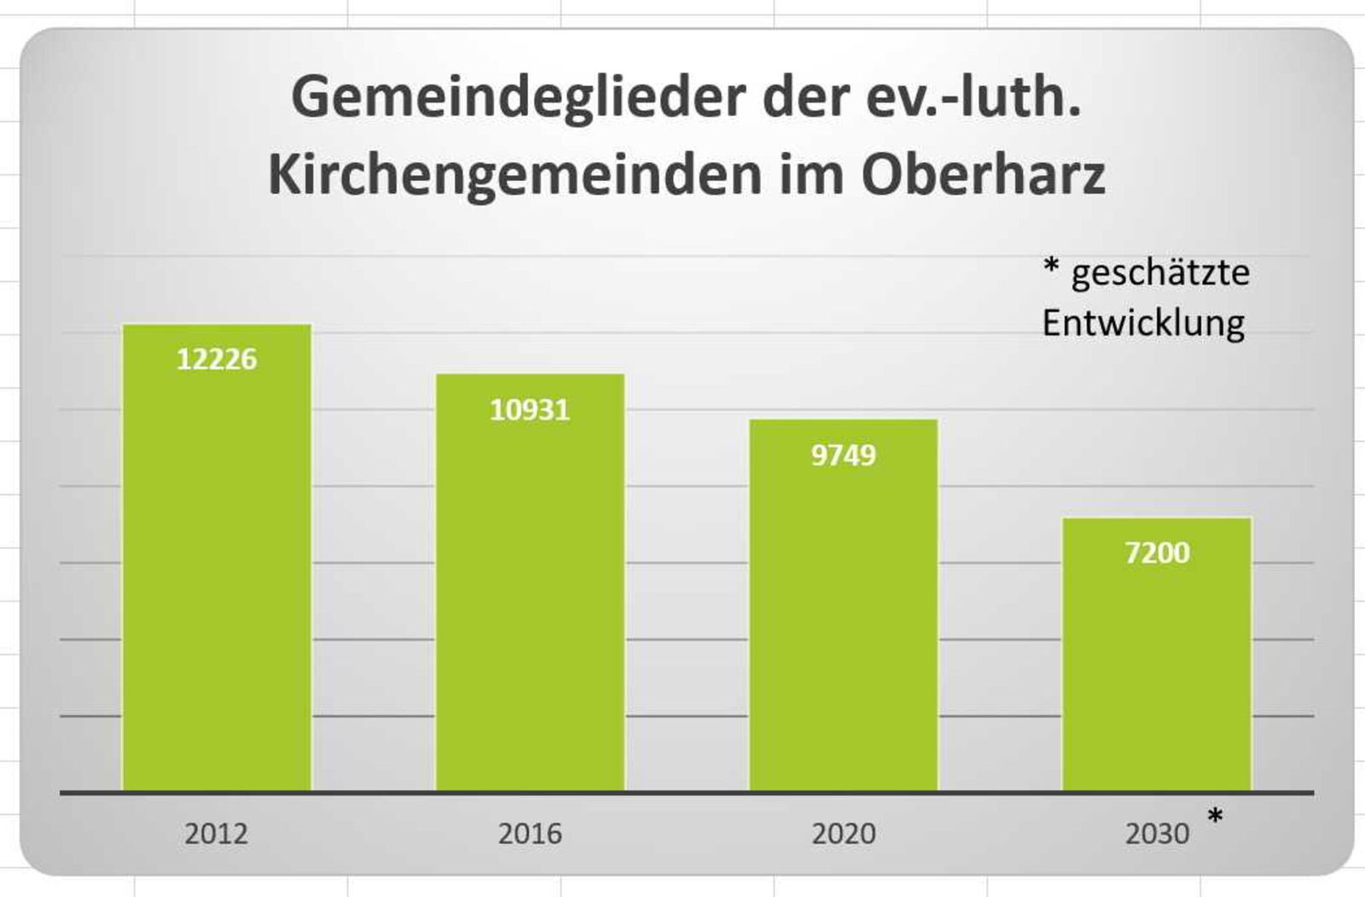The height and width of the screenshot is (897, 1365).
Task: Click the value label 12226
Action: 217,359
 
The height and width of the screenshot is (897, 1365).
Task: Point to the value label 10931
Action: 530,411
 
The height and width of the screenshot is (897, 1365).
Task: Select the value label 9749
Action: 843,456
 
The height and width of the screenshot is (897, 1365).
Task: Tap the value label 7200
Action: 1157,553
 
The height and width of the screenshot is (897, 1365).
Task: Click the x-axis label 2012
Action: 216,833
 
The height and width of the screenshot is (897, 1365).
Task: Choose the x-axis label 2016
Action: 530,833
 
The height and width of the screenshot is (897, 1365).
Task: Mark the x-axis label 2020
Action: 843,833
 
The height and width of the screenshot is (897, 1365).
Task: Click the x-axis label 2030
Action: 1157,833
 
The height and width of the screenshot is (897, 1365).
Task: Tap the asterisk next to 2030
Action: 1215,818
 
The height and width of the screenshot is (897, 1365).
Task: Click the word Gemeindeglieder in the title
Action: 519,97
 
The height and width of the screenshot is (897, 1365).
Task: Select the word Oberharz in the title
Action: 983,174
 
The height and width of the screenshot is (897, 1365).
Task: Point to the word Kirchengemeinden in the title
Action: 514,174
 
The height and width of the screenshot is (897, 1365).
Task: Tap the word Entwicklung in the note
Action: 1143,323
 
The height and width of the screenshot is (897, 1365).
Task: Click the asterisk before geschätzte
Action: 1051,266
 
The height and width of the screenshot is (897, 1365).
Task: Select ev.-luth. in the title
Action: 973,97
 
